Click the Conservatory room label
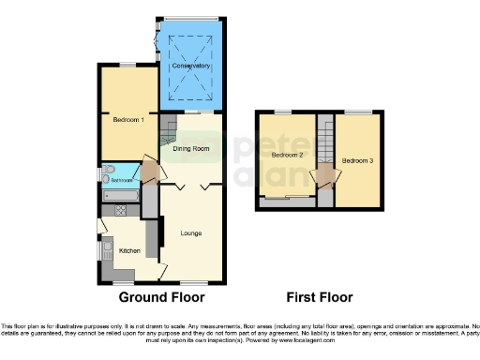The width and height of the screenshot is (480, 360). click(190, 66)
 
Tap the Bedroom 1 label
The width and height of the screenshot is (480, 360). click(127, 120)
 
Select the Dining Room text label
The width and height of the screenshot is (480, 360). click(191, 148)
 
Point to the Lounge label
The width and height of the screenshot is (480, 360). click(191, 232)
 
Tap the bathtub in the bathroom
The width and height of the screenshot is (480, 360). click(119, 196)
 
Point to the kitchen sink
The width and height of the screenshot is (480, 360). click(105, 251)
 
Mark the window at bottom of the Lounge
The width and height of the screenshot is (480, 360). click(194, 280)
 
